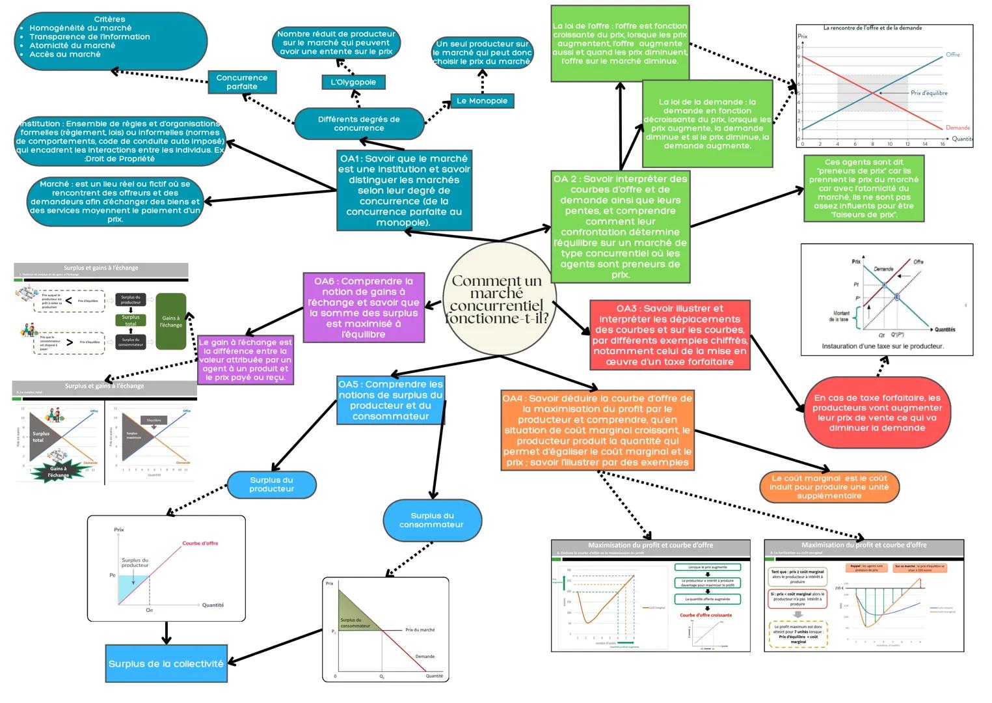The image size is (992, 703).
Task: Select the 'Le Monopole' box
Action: tap(482, 101)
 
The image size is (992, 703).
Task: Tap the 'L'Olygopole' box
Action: tap(353, 82)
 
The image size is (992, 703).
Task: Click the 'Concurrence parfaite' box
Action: tap(242, 82)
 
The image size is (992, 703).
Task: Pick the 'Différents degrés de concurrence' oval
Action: tap(359, 124)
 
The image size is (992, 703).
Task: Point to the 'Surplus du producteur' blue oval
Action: tap(272, 484)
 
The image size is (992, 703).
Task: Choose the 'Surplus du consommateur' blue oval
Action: tap(432, 520)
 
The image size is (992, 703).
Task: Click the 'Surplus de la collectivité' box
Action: tap(166, 664)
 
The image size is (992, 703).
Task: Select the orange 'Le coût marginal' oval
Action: tap(829, 487)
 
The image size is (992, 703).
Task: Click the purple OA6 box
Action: tap(364, 308)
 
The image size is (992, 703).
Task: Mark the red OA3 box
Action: tap(670, 335)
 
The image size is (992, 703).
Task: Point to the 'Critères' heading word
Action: tap(109, 20)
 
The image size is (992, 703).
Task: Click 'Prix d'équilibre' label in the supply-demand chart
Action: tap(929, 93)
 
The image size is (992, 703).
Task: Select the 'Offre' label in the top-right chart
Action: tap(952, 55)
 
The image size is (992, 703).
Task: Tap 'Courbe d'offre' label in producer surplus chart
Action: tap(200, 543)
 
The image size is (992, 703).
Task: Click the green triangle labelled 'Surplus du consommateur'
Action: tap(352, 615)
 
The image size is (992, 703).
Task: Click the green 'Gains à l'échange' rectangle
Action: tap(171, 322)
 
